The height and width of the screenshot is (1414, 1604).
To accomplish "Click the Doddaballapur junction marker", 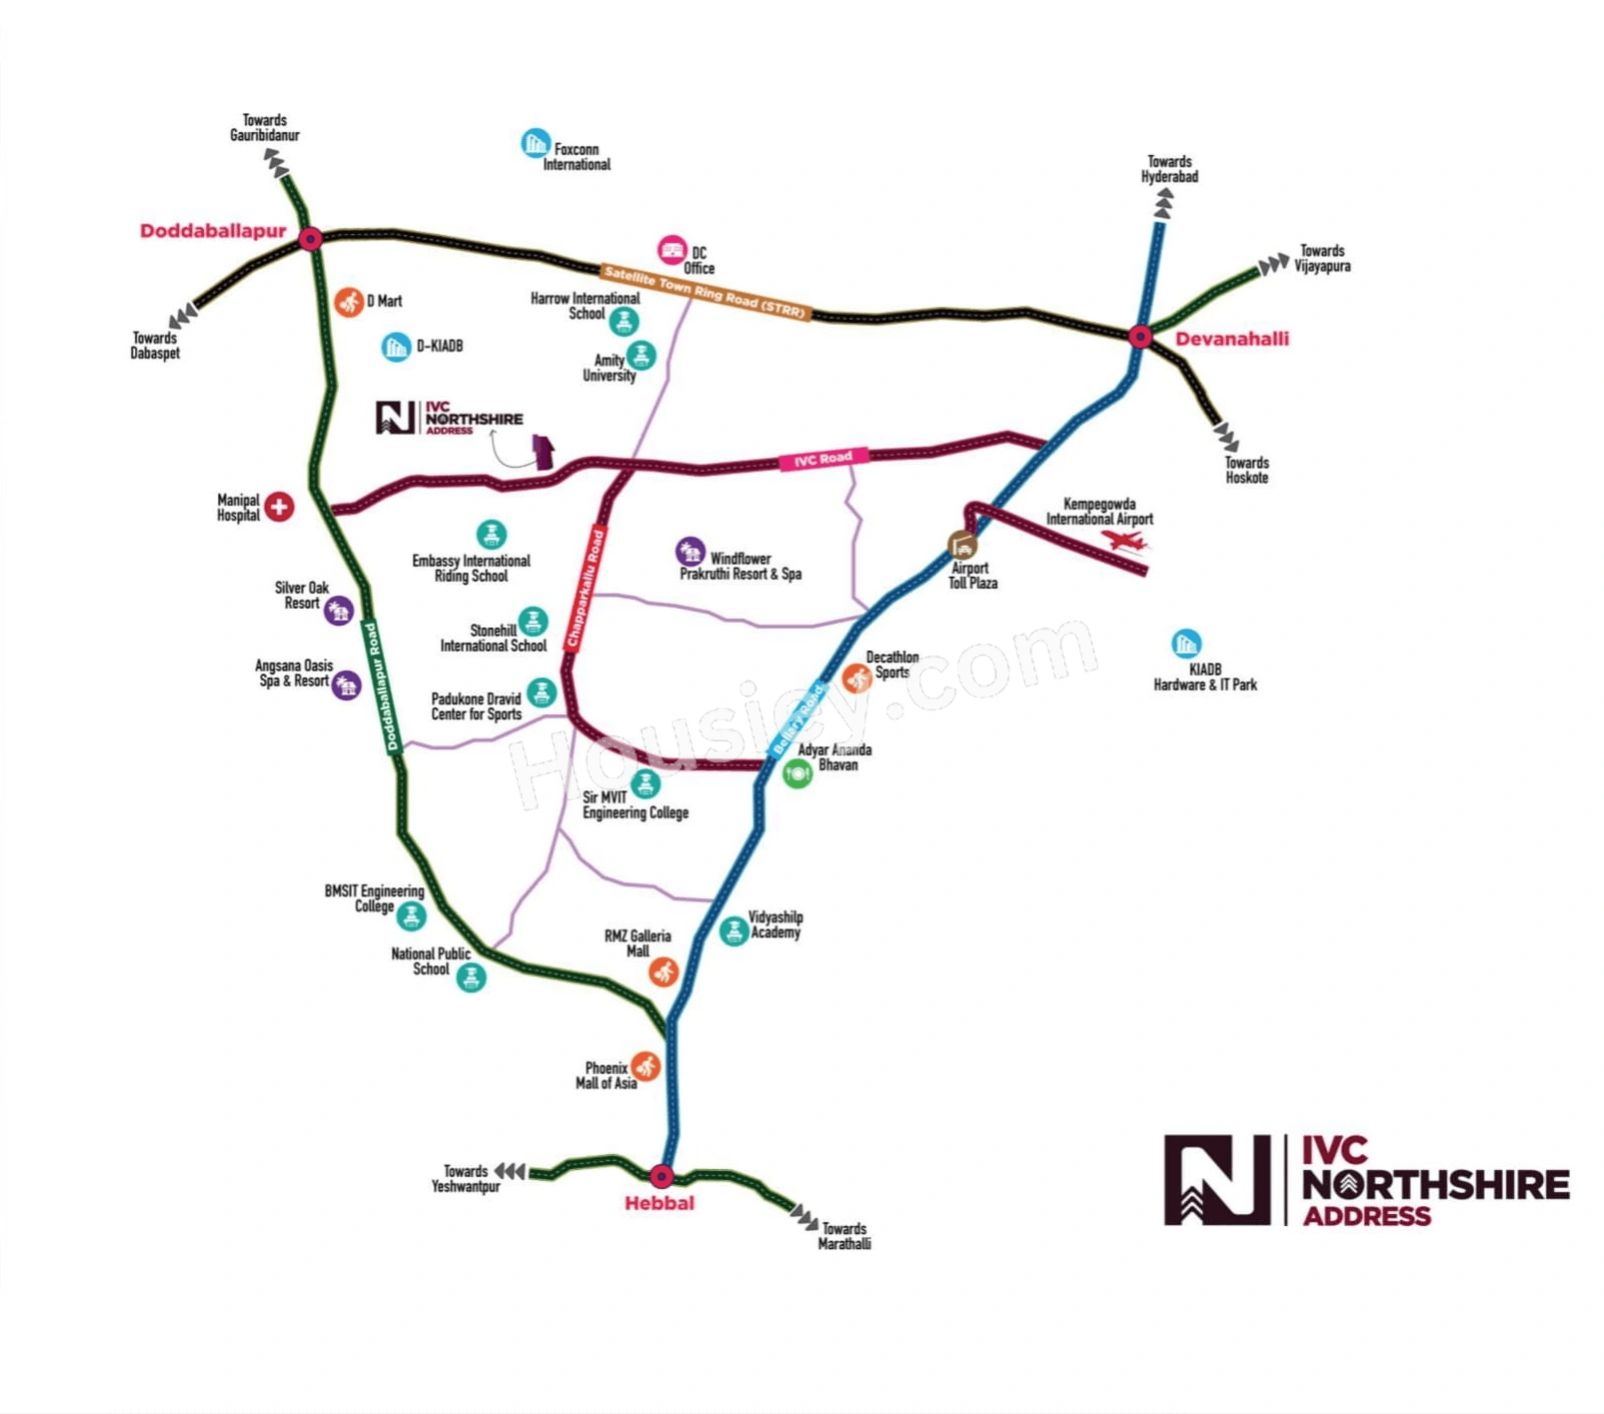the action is click(x=311, y=239).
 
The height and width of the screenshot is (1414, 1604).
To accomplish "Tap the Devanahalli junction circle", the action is click(x=1140, y=337).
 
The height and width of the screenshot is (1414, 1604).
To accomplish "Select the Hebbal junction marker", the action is click(x=662, y=1176).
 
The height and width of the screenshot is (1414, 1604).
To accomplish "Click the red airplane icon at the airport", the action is click(x=1125, y=541).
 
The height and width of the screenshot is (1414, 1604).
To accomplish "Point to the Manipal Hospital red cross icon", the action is click(x=279, y=507).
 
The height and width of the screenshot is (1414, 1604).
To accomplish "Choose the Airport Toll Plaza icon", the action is click(x=962, y=546).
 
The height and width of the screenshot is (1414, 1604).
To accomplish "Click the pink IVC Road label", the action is click(x=823, y=459).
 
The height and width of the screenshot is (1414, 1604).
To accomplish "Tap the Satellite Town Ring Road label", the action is click(x=706, y=291).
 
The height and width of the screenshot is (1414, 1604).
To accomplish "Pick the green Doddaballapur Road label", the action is click(x=381, y=687).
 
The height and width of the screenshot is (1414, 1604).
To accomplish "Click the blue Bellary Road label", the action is click(x=800, y=718).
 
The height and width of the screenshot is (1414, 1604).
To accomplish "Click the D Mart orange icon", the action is click(x=349, y=301).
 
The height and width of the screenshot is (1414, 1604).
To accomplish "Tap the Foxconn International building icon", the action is click(x=536, y=143).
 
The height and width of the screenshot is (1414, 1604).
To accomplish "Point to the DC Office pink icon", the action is click(x=672, y=250).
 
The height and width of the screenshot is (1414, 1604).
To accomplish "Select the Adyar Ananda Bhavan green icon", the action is click(x=797, y=773).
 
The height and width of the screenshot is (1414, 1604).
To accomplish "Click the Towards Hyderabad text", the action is click(x=1169, y=169).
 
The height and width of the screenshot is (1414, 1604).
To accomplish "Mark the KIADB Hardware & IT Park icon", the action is click(x=1185, y=644).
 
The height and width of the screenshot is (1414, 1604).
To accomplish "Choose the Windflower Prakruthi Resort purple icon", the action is click(x=690, y=551).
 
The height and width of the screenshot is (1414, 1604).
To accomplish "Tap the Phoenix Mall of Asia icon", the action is click(x=646, y=1065).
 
